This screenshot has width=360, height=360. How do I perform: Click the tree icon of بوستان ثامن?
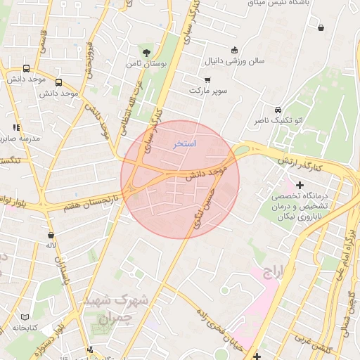[x=146, y=52]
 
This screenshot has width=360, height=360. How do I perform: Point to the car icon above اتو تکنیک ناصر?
[x=278, y=110]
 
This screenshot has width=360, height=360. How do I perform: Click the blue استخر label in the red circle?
[x=185, y=143]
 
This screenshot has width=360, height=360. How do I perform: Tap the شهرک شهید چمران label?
[x=115, y=309]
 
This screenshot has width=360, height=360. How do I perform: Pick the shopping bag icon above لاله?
[x=51, y=235]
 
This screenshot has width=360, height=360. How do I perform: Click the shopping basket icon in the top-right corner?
[x=321, y=28]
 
